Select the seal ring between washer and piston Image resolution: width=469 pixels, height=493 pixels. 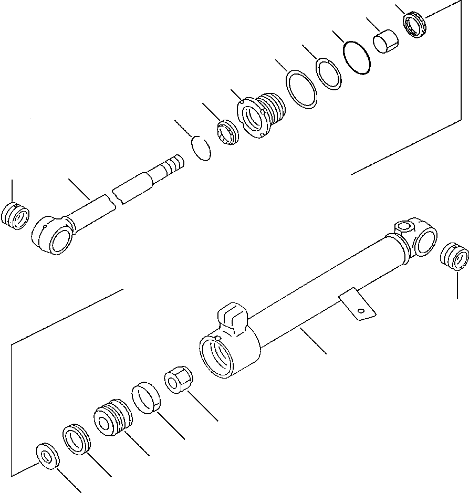click(x=77, y=440)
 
